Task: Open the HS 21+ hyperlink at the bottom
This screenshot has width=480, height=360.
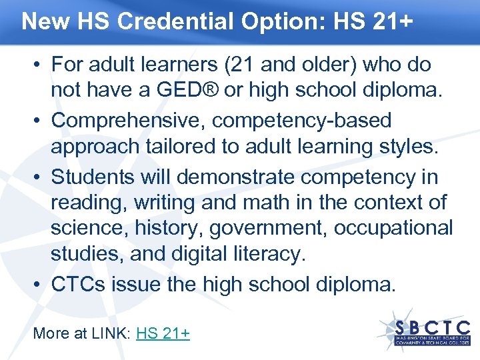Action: (163, 333)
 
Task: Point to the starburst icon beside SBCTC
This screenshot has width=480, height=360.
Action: (393, 326)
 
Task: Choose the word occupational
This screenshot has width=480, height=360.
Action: (393, 228)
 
